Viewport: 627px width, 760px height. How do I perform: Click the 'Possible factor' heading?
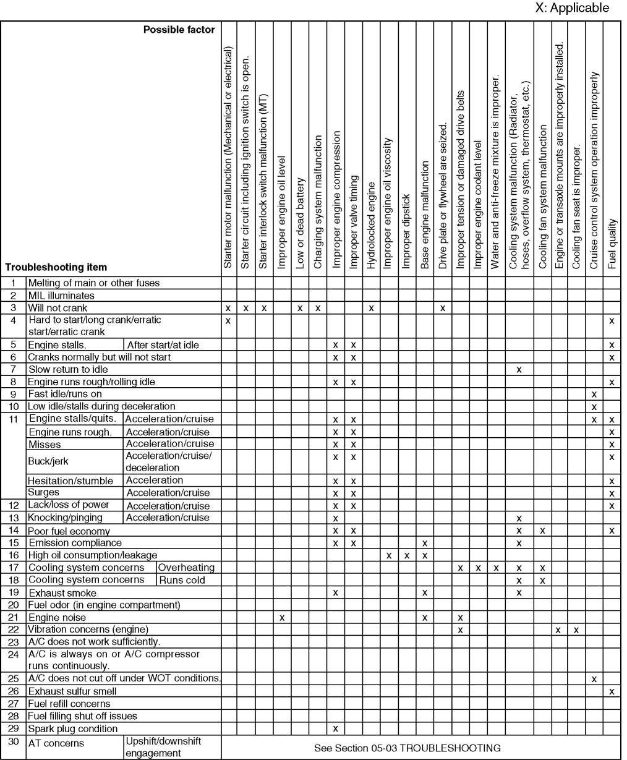coord(179,30)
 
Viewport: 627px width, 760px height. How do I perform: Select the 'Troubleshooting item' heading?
coord(56,268)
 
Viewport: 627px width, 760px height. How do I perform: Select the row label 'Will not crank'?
coord(58,307)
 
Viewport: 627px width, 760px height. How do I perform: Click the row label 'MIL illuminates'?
coord(61,295)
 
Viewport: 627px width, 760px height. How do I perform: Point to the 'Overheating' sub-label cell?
coord(187,567)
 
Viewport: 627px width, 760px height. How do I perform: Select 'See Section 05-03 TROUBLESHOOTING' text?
coord(407,748)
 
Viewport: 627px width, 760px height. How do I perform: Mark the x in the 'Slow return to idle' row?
coord(519,369)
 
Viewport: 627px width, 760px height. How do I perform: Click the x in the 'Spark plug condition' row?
coord(335,728)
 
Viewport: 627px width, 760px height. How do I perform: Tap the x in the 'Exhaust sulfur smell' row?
coord(612,691)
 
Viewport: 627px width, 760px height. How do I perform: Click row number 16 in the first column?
coord(13,555)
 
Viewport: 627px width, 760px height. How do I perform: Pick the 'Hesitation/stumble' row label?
coord(70,480)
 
